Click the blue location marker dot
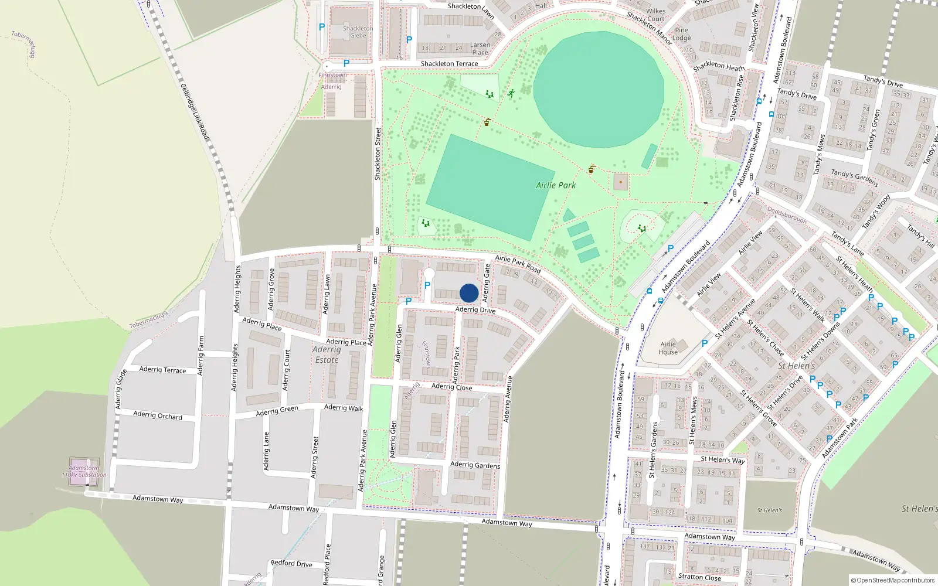point(469,293)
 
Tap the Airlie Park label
point(556,185)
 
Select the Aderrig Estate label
point(327,355)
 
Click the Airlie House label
point(668,348)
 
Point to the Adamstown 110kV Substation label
point(84,471)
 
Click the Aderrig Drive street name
point(475,309)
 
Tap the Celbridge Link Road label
point(195,112)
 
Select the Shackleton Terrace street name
point(449,63)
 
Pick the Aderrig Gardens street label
point(475,465)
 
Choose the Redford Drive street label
point(291,564)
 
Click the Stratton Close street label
point(699,577)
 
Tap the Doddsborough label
point(787,214)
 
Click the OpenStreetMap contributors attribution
point(893,581)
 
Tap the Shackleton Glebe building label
point(358,32)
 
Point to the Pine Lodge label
point(682,34)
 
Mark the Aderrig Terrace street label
point(162,370)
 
